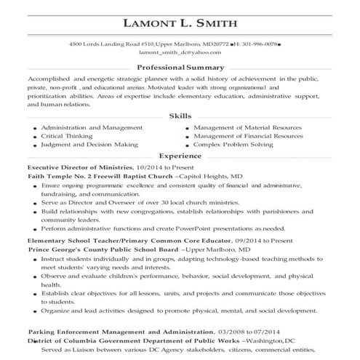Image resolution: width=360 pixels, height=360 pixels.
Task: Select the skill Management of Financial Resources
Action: tap(249, 135)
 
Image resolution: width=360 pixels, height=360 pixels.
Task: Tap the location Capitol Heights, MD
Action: tap(212, 176)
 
